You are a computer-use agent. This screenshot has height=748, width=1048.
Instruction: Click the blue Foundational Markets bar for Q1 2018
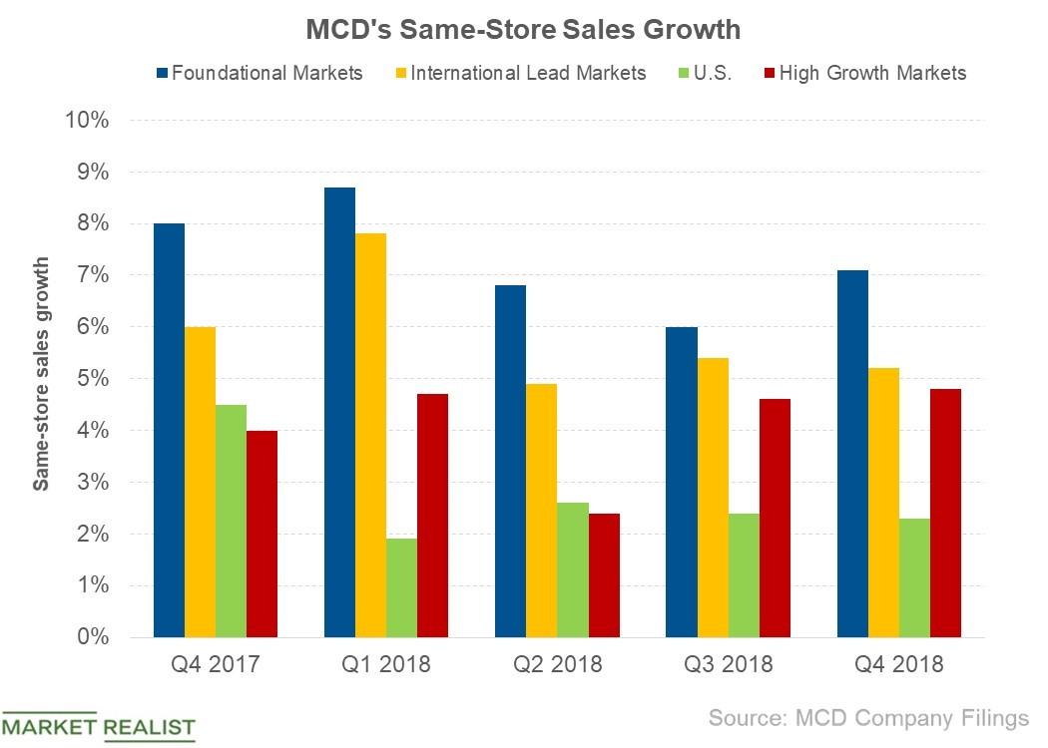[339, 412]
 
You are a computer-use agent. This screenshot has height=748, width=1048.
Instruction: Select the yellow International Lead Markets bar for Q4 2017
[200, 482]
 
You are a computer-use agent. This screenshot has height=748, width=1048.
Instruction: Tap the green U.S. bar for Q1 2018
[401, 587]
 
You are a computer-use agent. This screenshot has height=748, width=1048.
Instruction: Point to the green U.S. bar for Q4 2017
[231, 521]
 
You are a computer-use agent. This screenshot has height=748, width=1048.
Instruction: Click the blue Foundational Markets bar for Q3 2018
[682, 482]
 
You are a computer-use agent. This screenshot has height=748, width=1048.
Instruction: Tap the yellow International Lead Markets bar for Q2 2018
[541, 510]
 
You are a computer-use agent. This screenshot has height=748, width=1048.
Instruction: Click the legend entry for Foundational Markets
[260, 73]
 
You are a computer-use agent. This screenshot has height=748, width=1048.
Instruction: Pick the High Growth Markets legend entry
[862, 73]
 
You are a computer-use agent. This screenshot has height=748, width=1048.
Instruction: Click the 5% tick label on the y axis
[90, 379]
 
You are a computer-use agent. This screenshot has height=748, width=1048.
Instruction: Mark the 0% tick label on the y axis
[90, 637]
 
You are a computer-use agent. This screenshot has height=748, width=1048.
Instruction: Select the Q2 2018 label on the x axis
[557, 665]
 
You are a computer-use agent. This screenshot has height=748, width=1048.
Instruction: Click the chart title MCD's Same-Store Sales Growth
[523, 29]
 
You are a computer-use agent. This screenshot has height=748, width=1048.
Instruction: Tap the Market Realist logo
[98, 726]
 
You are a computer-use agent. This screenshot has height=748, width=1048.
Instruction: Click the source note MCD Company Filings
[868, 718]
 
